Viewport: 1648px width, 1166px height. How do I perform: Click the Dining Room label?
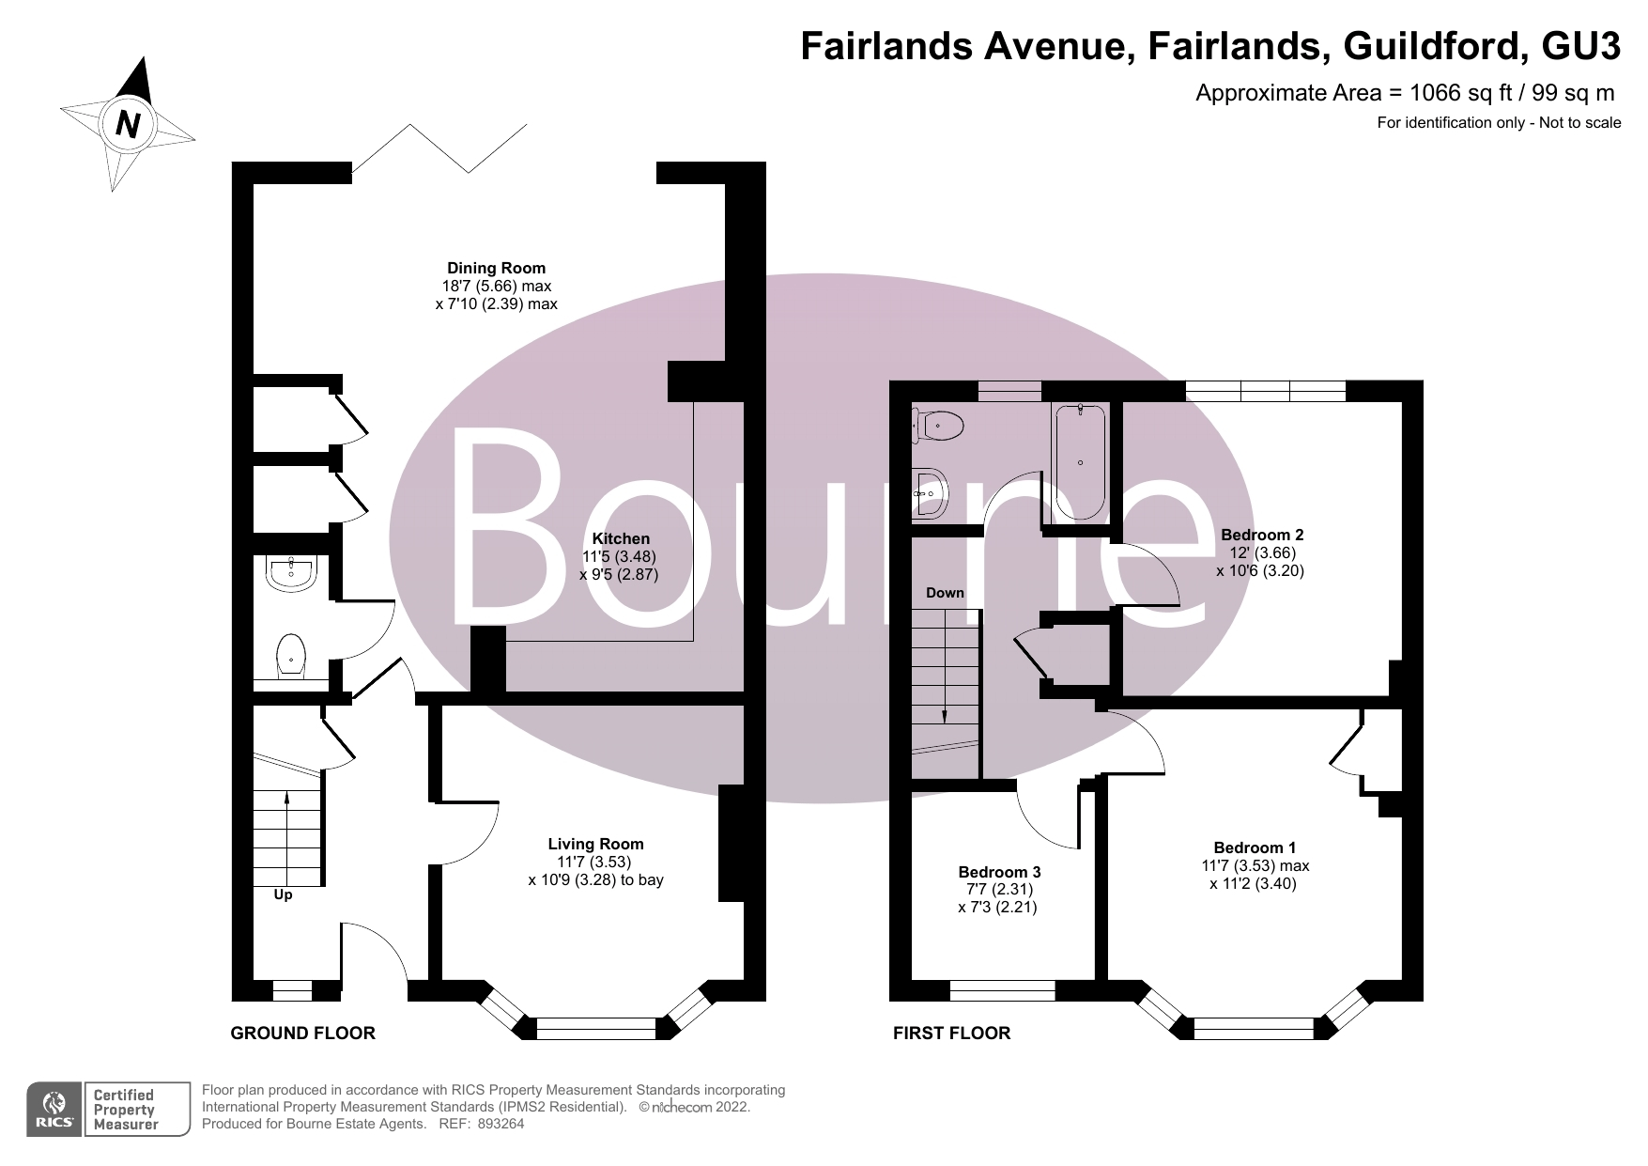click(496, 269)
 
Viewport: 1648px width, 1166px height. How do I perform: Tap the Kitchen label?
click(621, 539)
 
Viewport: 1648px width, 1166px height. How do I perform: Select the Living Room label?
click(595, 845)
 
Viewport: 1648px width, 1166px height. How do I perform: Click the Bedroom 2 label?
click(1262, 536)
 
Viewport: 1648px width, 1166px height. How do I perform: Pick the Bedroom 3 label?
click(999, 873)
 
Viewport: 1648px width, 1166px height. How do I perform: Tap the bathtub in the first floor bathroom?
click(1080, 461)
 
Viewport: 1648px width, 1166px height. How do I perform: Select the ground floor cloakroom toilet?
click(291, 656)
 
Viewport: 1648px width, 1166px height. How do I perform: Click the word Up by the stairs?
click(283, 895)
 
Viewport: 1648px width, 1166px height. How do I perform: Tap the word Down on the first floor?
click(945, 593)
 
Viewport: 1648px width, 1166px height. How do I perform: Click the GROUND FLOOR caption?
click(302, 1034)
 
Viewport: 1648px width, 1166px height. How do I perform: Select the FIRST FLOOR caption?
click(951, 1034)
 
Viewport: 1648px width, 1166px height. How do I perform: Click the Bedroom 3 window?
click(1003, 989)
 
